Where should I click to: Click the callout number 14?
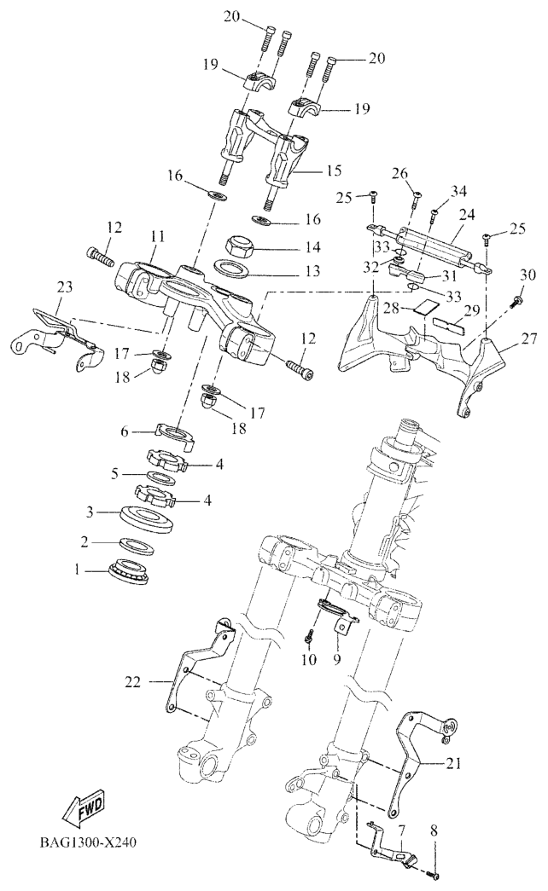(289, 247)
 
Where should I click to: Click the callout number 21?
(452, 763)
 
